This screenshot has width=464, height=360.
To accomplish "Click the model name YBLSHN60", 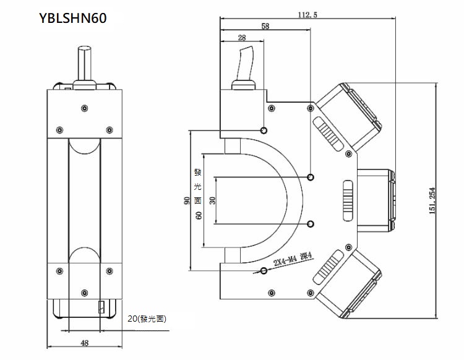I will click(x=73, y=19).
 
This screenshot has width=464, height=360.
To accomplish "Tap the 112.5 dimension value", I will click(x=307, y=15).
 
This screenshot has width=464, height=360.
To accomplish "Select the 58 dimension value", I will click(x=265, y=26).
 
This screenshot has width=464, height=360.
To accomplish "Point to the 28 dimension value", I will click(x=241, y=38).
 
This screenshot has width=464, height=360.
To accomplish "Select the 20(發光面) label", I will click(x=147, y=320).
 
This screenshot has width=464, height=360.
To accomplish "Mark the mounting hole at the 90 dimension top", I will click(x=264, y=131).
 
